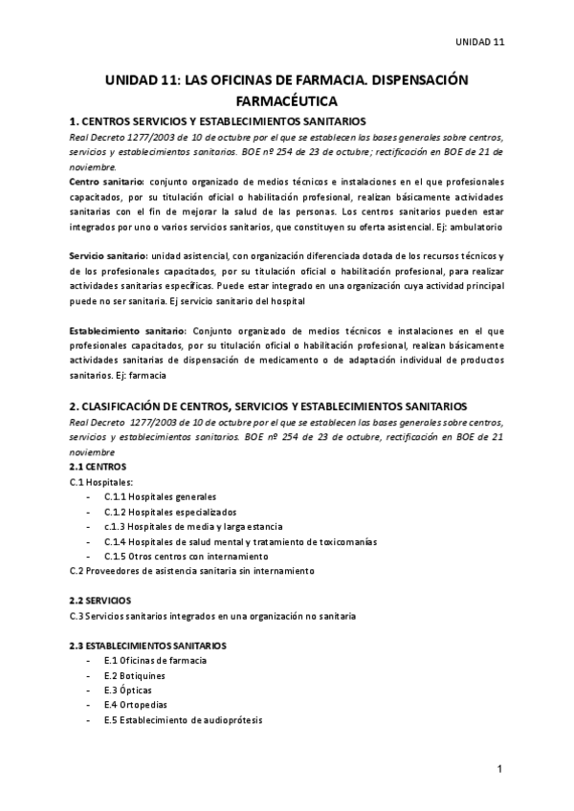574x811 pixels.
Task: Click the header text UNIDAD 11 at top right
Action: (479, 42)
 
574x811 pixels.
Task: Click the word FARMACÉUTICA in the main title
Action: (287, 99)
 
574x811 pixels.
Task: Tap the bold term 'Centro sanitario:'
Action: (107, 181)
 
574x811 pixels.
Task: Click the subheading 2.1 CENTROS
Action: (99, 466)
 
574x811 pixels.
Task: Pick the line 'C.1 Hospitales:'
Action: (102, 481)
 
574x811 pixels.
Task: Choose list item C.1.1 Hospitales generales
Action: (160, 496)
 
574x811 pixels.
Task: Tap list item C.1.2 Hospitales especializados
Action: (168, 512)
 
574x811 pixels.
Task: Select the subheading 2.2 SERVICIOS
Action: (101, 601)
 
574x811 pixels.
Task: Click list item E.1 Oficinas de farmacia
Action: (155, 660)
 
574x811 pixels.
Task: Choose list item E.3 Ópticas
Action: (127, 690)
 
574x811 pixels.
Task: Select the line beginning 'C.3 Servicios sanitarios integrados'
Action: (213, 616)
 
